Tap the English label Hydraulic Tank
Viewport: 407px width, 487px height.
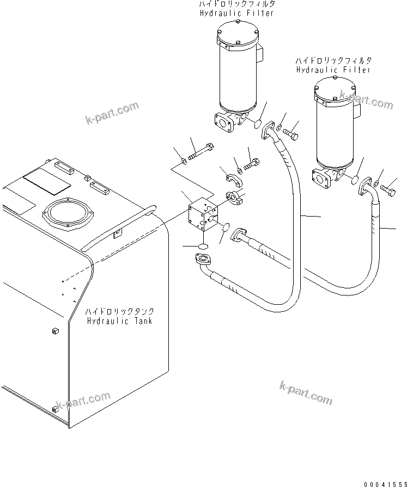pyautogui.click(x=119, y=321)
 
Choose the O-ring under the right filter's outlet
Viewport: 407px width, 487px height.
pyautogui.click(x=355, y=180)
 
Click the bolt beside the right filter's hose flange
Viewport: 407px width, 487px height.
pyautogui.click(x=390, y=190)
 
